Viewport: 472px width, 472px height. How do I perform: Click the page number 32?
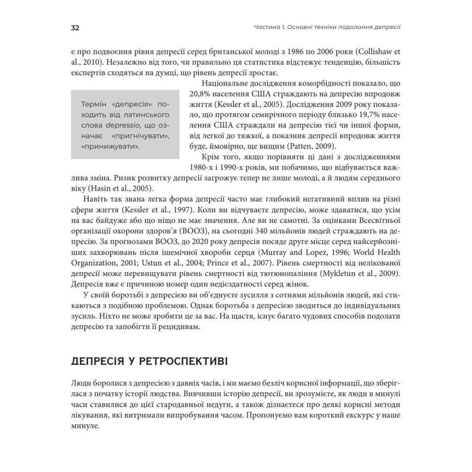coord(75,28)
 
